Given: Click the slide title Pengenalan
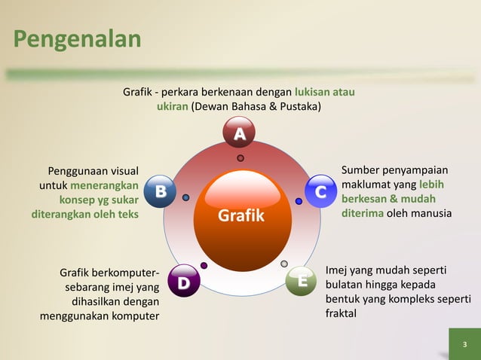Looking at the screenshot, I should pos(77,39).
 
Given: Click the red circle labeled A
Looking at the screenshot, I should pos(239,134).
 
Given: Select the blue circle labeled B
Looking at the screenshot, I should pos(160,192).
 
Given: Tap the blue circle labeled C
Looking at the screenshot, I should pos(320,193).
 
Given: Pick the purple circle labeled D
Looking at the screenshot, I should pos(184,282).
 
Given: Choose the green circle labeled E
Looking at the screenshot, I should pos(302,281).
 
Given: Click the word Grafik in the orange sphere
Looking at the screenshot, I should pos(241,216).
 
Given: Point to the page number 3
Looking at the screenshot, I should pos(464,345).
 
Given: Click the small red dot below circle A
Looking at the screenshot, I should pos(240,158).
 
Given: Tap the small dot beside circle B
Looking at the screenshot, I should pos(186,198).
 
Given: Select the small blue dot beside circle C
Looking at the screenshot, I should pos(299,201).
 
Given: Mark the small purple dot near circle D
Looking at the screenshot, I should pos(204,265).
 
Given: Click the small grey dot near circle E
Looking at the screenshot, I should pos(284,264).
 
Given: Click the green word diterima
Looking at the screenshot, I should pos(363,214).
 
